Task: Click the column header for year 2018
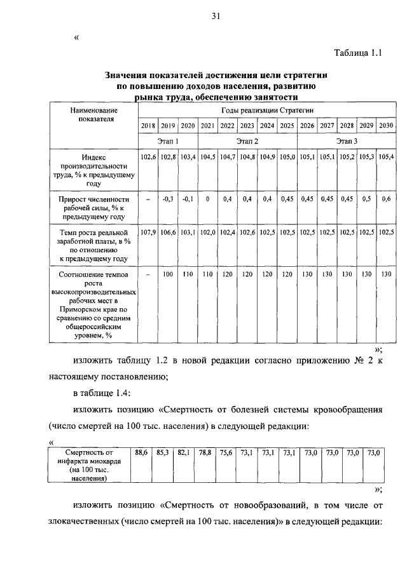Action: coord(148,126)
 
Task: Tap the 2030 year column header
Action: coord(385,126)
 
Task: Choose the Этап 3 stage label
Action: coord(347,141)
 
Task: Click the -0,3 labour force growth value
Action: coord(168,199)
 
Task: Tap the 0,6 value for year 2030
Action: coord(385,199)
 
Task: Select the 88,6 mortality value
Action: coord(141,452)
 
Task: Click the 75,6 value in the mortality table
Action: coord(226,452)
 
